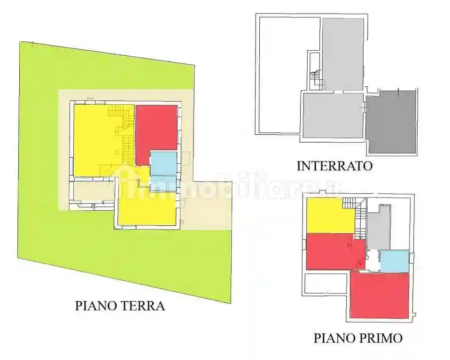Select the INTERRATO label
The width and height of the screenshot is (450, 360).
pos(334,165)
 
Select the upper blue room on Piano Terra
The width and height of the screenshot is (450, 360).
pos(163,163)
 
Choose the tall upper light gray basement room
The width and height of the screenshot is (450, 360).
pos(342,54)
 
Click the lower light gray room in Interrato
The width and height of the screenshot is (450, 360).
pos(333,115)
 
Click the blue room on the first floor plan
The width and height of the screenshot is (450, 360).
pos(394,261)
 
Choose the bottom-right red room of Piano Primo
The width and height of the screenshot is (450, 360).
pos(380,295)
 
